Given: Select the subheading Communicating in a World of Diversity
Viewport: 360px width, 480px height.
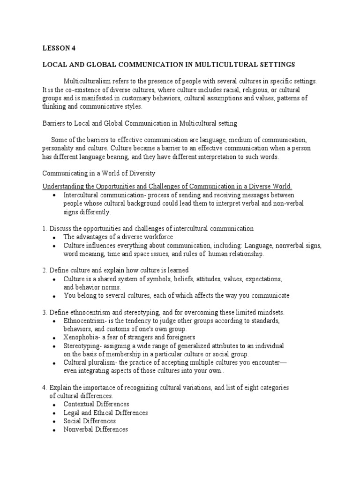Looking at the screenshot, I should (x=99, y=173).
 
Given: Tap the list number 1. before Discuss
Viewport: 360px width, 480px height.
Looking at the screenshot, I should (x=45, y=229).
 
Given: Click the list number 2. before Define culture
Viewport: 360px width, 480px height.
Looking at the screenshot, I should (x=45, y=270).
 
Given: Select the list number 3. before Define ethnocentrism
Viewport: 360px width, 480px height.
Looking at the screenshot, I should (x=45, y=312).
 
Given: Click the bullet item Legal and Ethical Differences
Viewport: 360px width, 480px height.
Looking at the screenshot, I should (x=106, y=412).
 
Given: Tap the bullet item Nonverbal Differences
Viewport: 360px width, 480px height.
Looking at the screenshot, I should (x=96, y=429).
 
